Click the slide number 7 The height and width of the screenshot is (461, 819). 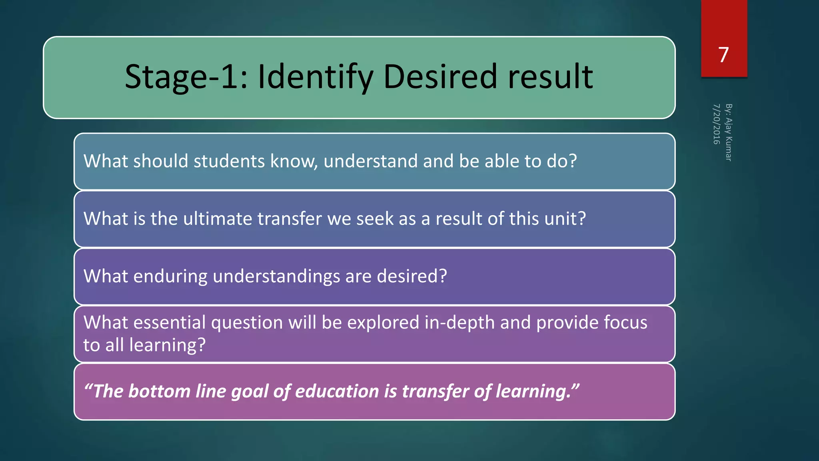tap(723, 55)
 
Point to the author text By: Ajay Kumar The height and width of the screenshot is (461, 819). tap(729, 132)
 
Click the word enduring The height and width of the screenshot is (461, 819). tap(170, 277)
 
